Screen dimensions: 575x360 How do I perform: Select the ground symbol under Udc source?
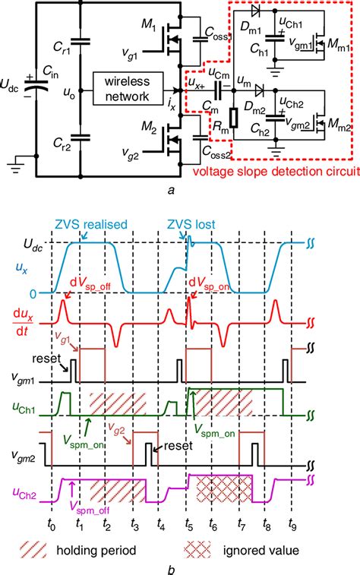point(14,160)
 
